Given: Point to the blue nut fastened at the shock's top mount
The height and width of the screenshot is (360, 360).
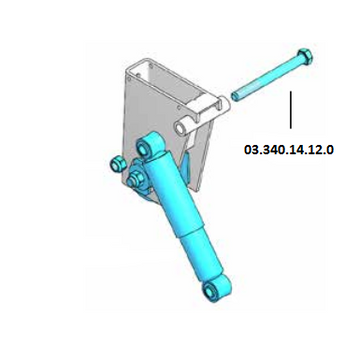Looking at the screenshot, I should pyautogui.click(x=134, y=180).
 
